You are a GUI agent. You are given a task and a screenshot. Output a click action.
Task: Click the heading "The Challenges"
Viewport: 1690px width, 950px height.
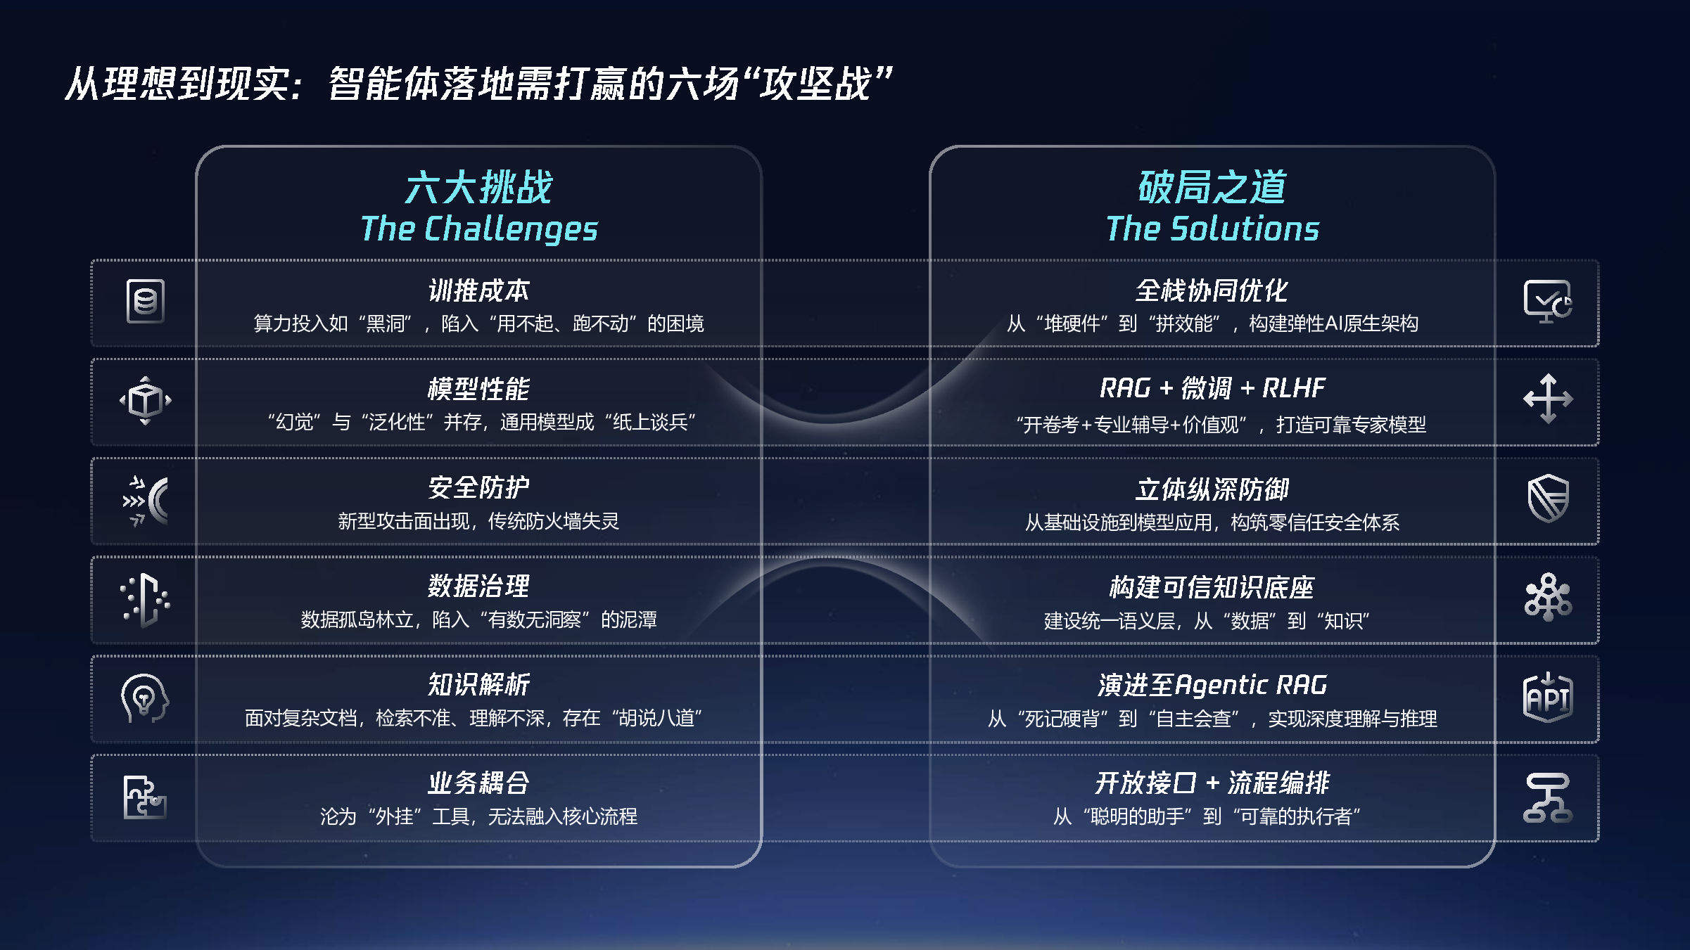(479, 229)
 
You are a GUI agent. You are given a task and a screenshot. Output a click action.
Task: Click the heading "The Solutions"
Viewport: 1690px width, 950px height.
(1212, 229)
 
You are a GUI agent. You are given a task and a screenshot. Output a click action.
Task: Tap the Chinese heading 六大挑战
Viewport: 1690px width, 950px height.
(479, 188)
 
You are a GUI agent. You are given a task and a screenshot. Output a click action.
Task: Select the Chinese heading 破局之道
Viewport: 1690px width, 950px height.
(1212, 188)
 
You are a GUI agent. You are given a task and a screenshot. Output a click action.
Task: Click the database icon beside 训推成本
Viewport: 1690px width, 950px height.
(146, 302)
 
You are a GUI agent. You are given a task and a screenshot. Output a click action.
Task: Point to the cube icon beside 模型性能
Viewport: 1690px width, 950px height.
(146, 401)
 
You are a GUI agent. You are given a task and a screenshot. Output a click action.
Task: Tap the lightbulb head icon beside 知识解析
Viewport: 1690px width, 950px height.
(145, 698)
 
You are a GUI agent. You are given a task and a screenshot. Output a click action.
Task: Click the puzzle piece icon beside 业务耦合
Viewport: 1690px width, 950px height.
(145, 797)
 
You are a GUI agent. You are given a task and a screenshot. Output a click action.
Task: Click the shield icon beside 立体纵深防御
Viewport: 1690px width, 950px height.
(1548, 499)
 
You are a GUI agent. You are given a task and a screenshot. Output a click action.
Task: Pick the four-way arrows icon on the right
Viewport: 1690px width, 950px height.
(1548, 399)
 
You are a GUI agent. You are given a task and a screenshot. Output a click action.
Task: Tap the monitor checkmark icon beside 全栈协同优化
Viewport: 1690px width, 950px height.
(1548, 301)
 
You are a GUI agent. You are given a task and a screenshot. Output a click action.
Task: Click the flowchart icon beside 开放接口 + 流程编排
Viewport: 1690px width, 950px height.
(1548, 797)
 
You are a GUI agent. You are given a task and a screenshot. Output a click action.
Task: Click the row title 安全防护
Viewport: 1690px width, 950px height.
(479, 487)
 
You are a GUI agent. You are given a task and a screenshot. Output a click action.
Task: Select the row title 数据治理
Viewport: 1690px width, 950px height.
(479, 586)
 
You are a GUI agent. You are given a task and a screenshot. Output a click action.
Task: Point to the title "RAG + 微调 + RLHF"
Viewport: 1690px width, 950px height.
(1212, 388)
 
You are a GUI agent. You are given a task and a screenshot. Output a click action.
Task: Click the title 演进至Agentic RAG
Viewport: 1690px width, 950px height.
(1212, 685)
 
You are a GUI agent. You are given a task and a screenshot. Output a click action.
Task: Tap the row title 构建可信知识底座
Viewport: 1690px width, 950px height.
(1212, 587)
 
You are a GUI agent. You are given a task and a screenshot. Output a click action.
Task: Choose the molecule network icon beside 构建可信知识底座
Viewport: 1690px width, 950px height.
(1548, 598)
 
